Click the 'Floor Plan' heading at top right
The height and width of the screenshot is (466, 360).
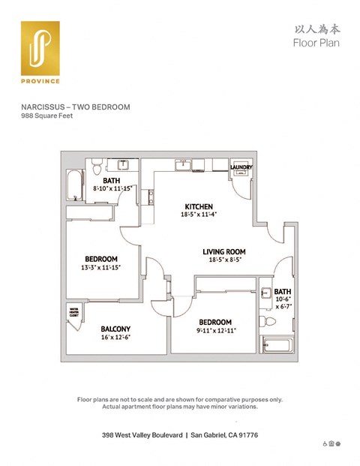(x=316, y=43)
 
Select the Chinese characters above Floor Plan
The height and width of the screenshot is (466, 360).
(x=316, y=28)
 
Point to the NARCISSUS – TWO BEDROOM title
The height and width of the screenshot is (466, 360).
(x=75, y=107)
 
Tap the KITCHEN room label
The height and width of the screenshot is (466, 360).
(x=199, y=206)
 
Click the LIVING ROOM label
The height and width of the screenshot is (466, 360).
(x=224, y=251)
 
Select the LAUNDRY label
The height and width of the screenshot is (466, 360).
(x=241, y=167)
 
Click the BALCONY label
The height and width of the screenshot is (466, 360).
(x=116, y=329)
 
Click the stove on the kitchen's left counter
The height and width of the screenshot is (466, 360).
(x=151, y=197)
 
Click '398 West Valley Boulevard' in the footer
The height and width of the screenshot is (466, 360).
(x=142, y=434)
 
